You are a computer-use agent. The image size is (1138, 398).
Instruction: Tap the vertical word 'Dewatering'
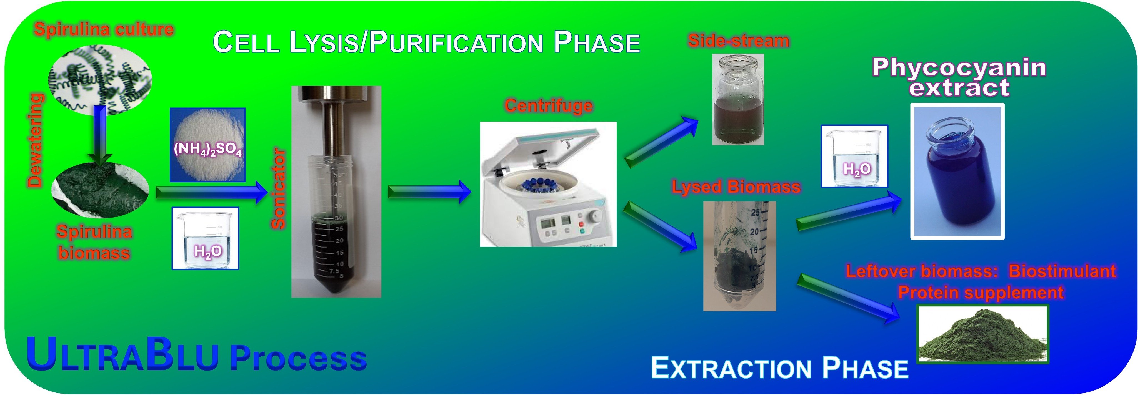click(x=35, y=140)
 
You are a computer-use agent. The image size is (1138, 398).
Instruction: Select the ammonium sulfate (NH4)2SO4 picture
click(x=208, y=145)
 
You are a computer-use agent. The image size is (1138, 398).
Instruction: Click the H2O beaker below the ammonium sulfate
click(x=206, y=238)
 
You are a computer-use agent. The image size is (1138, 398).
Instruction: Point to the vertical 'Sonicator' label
click(x=278, y=188)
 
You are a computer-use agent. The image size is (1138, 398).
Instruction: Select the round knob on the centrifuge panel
click(x=595, y=216)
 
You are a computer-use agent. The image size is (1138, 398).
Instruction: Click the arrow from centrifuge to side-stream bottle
click(x=661, y=141)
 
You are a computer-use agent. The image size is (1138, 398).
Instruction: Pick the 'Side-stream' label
click(x=739, y=41)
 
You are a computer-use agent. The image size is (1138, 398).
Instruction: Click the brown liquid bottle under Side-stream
click(x=738, y=99)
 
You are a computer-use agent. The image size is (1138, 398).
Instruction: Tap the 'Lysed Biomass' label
click(x=736, y=187)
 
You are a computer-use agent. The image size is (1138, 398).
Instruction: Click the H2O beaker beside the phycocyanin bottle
click(x=854, y=156)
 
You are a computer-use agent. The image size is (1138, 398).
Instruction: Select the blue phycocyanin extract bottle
click(x=957, y=171)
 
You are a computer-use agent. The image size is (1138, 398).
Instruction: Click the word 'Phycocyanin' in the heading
click(x=959, y=67)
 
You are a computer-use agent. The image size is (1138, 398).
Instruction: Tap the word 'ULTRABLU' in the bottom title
click(x=122, y=354)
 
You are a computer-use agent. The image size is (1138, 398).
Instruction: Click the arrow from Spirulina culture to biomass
click(x=100, y=135)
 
